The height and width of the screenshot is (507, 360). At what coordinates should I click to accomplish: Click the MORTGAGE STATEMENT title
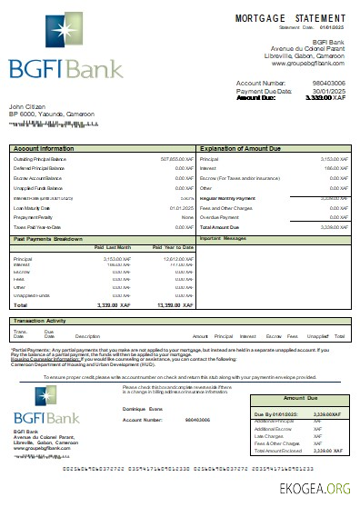point(292,18)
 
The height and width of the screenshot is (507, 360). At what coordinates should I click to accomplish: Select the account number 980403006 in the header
point(330,84)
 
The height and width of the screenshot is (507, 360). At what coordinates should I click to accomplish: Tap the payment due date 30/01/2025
point(330,91)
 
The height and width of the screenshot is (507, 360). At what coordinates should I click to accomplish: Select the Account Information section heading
point(45,147)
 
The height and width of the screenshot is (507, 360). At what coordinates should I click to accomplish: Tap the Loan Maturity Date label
point(32,207)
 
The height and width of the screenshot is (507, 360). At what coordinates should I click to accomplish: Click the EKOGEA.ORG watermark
point(322,488)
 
